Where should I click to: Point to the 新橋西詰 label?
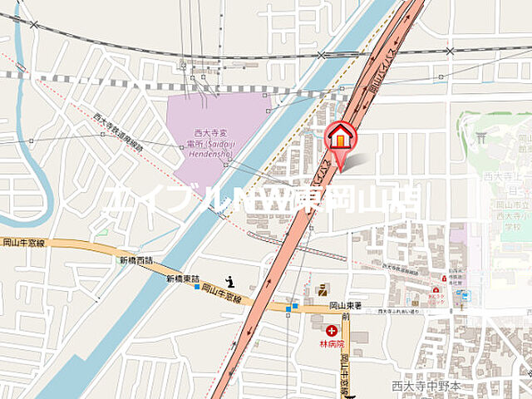point(136,261)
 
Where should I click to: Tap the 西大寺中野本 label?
point(426,386)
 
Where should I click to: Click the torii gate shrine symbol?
point(480,137)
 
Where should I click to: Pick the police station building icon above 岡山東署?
point(322,288)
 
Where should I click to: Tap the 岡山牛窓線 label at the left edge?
point(23,243)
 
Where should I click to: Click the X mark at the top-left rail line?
point(33,25)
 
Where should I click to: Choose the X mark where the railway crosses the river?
point(321,56)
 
